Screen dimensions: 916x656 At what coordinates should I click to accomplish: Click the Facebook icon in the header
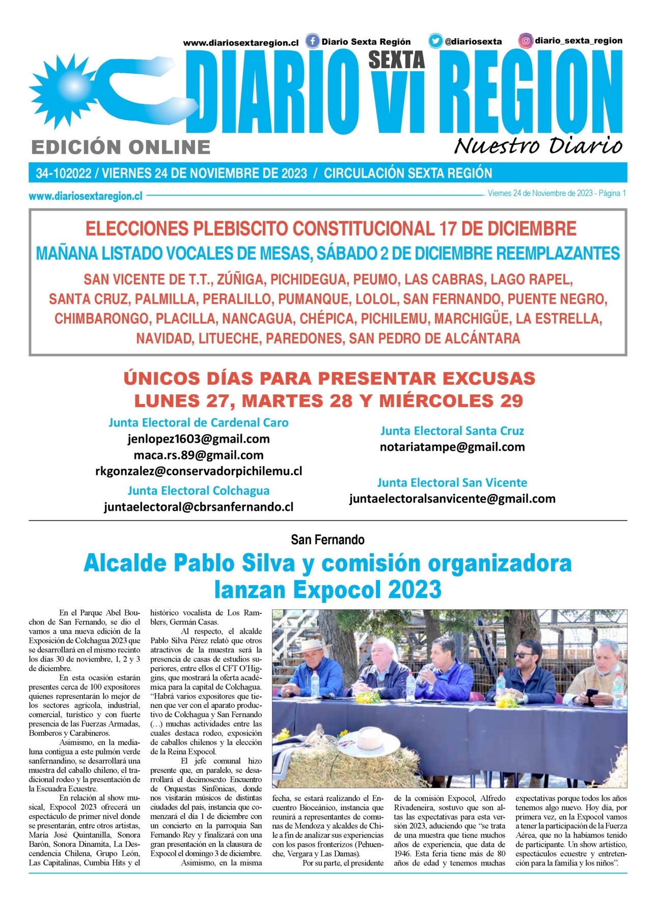click(x=312, y=41)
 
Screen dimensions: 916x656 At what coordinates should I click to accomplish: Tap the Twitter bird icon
click(x=435, y=41)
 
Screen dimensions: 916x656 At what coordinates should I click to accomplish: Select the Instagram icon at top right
click(x=526, y=41)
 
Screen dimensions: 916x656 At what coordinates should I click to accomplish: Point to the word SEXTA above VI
click(x=396, y=60)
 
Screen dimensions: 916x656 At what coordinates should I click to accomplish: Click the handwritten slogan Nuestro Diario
click(x=538, y=146)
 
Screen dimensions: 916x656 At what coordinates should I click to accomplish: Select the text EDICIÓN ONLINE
click(x=121, y=148)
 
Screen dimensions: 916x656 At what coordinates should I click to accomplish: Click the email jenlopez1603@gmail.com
click(x=199, y=439)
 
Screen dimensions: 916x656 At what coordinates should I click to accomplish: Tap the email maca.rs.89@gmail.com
click(x=199, y=455)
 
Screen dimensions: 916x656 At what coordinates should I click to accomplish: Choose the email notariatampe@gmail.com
click(x=452, y=447)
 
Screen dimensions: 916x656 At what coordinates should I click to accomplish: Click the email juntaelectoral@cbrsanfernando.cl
click(x=199, y=507)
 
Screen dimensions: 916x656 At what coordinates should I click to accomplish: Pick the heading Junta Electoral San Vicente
click(x=452, y=482)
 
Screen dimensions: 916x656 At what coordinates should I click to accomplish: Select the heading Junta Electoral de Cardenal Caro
click(x=199, y=422)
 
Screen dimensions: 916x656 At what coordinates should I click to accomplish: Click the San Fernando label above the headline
click(x=327, y=539)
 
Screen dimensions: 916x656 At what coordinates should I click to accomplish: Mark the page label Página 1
click(x=612, y=193)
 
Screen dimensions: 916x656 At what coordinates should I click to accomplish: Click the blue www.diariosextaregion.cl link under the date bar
click(x=86, y=196)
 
